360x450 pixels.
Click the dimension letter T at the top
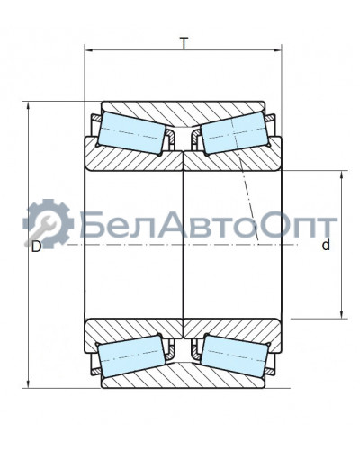click(184, 43)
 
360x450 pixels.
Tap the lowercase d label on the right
click(326, 246)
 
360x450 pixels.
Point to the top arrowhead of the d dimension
click(341, 174)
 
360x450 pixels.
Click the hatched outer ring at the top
click(184, 113)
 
